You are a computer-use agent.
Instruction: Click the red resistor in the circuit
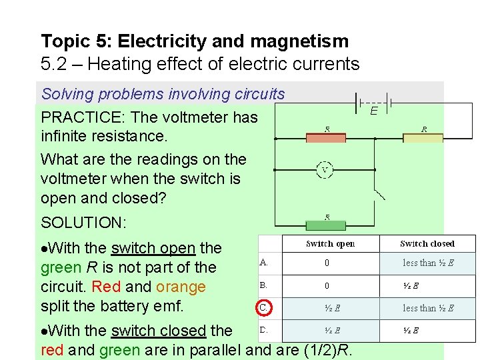pyautogui.click(x=325, y=138)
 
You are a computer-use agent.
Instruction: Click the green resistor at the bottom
pyautogui.click(x=325, y=225)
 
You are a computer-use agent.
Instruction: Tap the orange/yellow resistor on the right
pyautogui.click(x=423, y=138)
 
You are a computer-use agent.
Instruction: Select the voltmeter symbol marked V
pyautogui.click(x=325, y=169)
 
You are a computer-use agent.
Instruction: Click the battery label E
pyautogui.click(x=374, y=111)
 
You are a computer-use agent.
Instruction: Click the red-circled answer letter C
pyautogui.click(x=264, y=308)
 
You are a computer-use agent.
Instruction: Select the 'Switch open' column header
pyautogui.click(x=331, y=244)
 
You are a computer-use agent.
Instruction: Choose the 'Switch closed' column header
pyautogui.click(x=427, y=244)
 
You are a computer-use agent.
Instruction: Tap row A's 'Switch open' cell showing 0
pyautogui.click(x=327, y=263)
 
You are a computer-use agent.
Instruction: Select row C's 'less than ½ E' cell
pyautogui.click(x=428, y=308)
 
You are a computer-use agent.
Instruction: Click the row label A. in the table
pyautogui.click(x=264, y=263)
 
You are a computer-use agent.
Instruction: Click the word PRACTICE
pyautogui.click(x=83, y=118)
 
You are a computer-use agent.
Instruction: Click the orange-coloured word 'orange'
pyautogui.click(x=181, y=287)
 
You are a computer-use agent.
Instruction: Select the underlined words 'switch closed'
pyautogui.click(x=159, y=331)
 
